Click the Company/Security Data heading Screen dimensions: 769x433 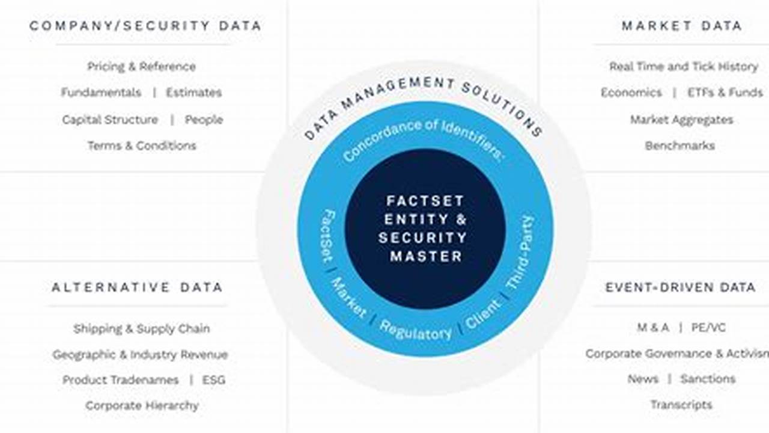pos(145,26)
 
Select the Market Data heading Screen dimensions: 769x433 pos(681,26)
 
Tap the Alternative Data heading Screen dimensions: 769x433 pos(137,287)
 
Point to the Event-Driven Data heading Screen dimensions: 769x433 pos(680,287)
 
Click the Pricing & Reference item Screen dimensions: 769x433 pos(141,67)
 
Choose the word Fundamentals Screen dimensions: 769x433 pos(101,93)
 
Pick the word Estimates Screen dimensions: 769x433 pos(193,93)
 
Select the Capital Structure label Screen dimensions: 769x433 pos(110,120)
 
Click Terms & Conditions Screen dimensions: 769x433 pos(142,146)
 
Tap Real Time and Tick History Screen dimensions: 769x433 pos(683,67)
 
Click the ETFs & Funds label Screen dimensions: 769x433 pos(725,93)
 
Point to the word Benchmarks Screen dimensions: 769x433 pos(679,146)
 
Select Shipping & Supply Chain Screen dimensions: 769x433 pos(142,328)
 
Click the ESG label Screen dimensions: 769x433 pos(214,380)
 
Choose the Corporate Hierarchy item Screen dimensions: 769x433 pos(142,406)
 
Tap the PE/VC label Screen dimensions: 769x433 pos(710,328)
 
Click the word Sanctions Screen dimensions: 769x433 pos(707,379)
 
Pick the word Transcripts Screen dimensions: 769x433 pos(681,405)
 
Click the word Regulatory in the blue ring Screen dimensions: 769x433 pos(415,330)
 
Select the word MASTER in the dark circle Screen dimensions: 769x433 pos(426,256)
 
